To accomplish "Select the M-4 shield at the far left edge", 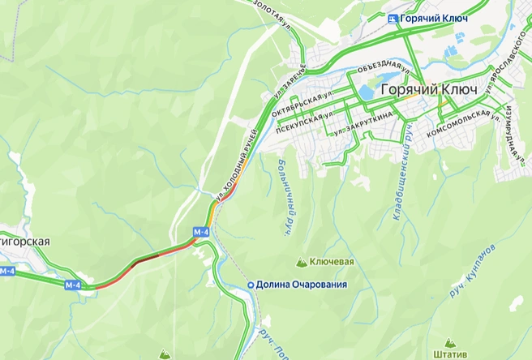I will [x=7, y=271].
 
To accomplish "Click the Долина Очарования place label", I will [x=301, y=285].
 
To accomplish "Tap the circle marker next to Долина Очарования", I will [x=251, y=285].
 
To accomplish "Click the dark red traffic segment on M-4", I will [x=147, y=259].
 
